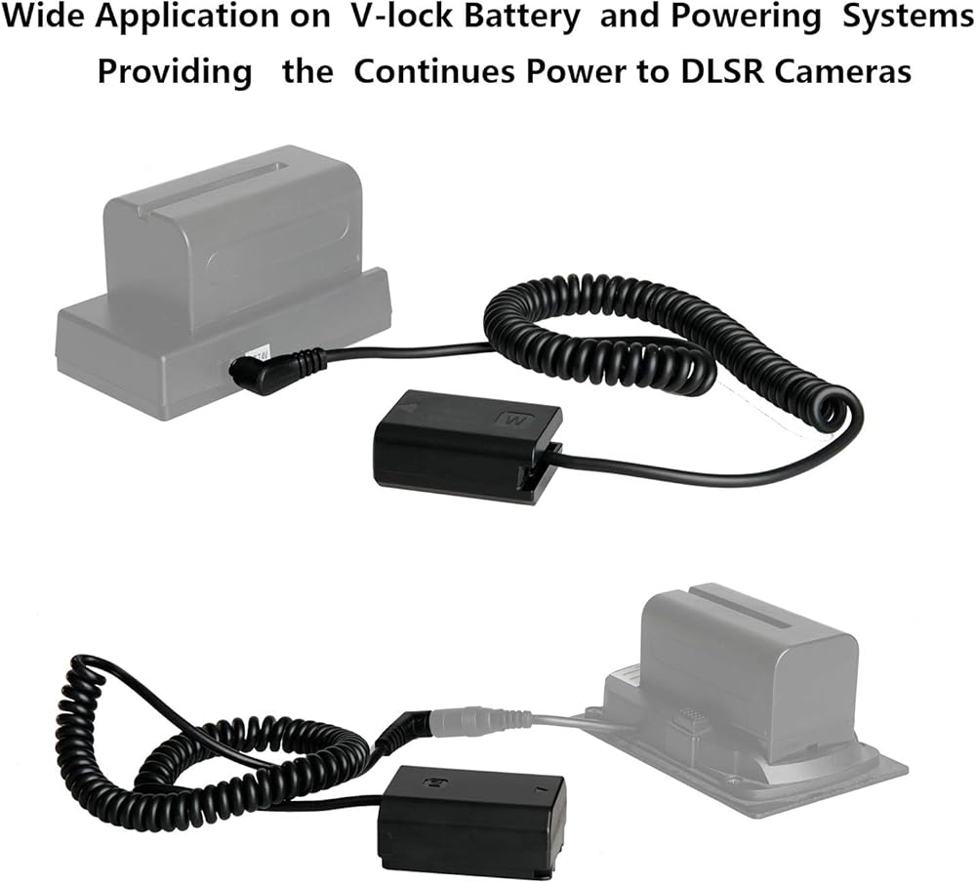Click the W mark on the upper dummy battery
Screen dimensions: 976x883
tap(513, 421)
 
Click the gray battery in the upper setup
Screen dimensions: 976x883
tap(234, 234)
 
